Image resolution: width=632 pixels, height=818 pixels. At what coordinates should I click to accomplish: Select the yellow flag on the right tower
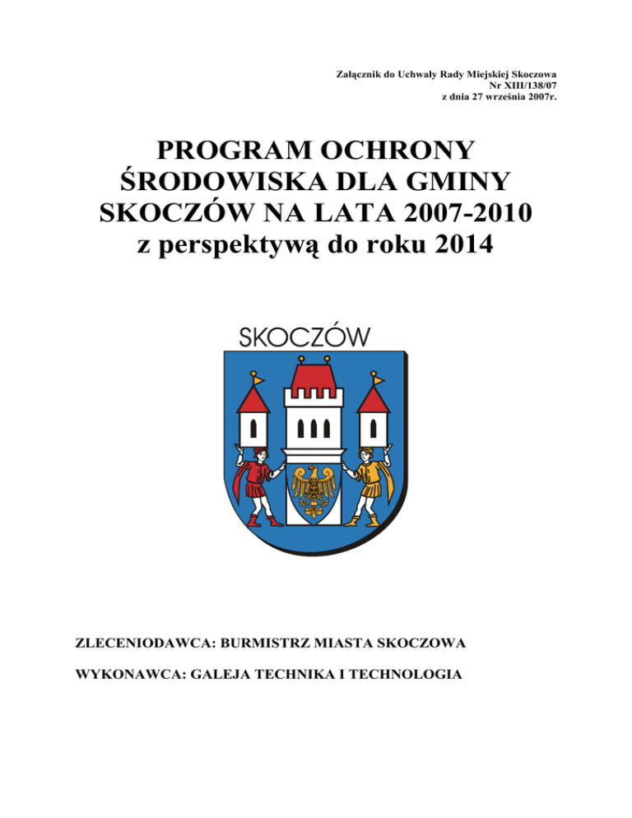coord(378,379)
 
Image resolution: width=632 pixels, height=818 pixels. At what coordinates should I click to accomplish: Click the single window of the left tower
coord(253,428)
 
